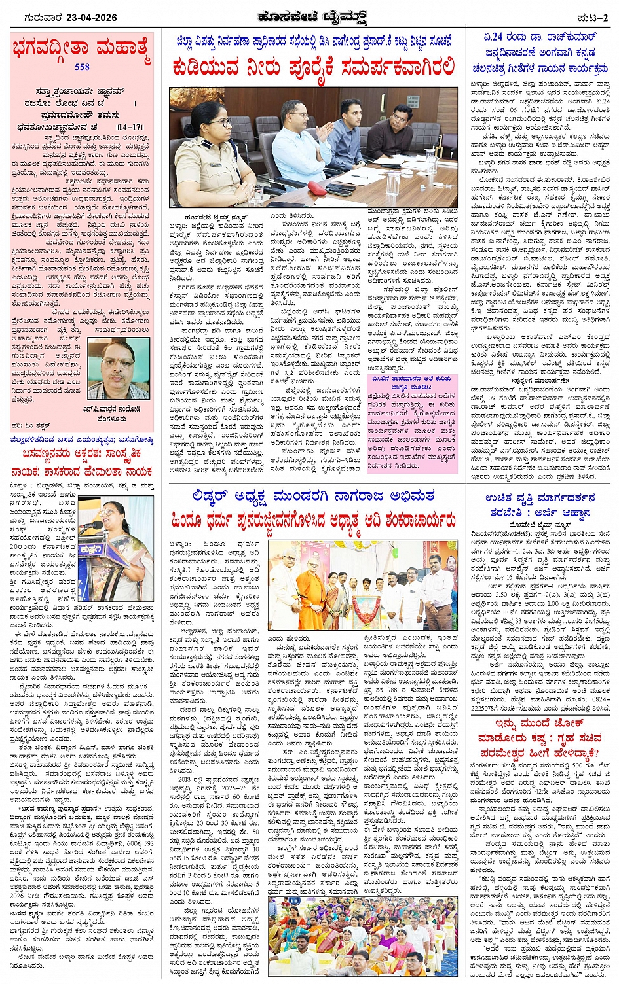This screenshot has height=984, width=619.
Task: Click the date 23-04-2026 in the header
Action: tap(88, 18)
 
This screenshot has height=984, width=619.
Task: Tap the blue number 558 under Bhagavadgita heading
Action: tap(82, 67)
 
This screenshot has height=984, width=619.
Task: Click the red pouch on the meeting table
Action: tap(318, 188)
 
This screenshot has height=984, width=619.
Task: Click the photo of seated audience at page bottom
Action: tap(362, 936)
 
